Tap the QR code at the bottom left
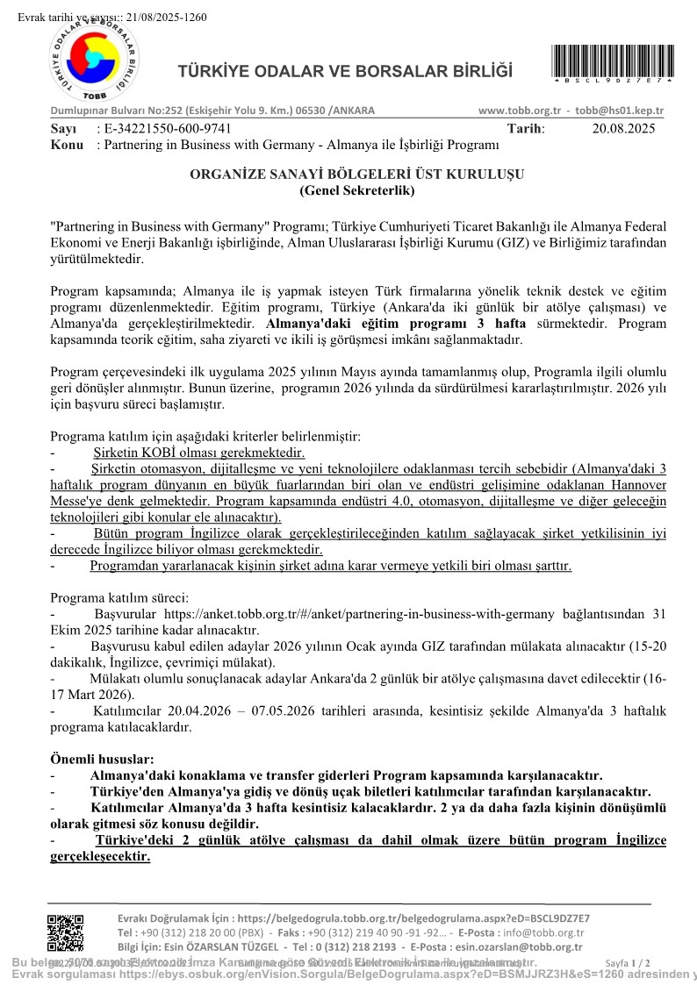click(65, 931)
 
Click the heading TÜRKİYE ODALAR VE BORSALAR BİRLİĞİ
click(345, 71)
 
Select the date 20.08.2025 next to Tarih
click(623, 128)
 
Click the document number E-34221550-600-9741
click(163, 128)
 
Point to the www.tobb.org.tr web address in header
click(520, 111)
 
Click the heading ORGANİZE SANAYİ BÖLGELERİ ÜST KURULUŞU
click(356, 174)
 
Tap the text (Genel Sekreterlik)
click(356, 189)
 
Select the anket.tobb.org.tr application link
click(403, 616)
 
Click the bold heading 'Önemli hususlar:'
click(102, 759)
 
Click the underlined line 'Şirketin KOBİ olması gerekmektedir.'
click(199, 453)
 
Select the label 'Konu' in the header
click(67, 144)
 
